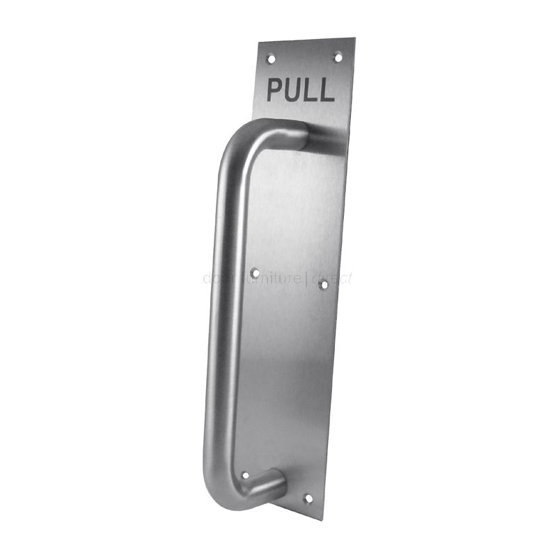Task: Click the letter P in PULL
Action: tap(276, 90)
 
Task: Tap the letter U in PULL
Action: tap(295, 91)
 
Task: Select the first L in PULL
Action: tap(312, 91)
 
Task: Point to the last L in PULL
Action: tap(327, 91)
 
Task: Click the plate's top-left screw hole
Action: tap(272, 58)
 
